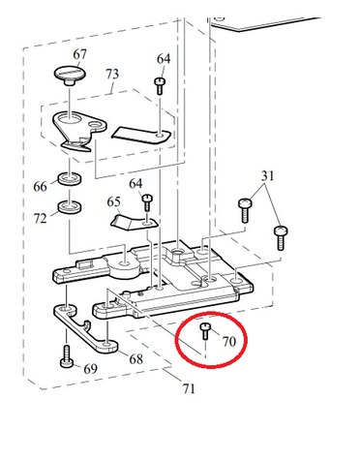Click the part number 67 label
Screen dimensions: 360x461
tap(79, 54)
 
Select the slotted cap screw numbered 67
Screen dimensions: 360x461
tap(70, 76)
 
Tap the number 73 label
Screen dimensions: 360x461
tap(112, 75)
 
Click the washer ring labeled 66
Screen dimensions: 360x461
tap(70, 179)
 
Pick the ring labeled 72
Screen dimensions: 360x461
tap(70, 207)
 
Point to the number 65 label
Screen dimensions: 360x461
tap(113, 202)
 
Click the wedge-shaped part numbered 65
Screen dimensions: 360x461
tap(133, 223)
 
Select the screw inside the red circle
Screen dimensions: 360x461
tap(205, 331)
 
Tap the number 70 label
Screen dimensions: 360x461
tap(229, 342)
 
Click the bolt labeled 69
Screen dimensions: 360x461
tap(67, 356)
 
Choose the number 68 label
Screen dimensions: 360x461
tap(135, 359)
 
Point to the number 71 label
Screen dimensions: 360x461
tap(189, 388)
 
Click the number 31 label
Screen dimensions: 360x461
tap(268, 176)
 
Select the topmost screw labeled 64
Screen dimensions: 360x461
tap(161, 85)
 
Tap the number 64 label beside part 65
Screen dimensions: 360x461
tap(135, 184)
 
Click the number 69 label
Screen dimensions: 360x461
tap(91, 369)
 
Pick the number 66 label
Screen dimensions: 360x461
tap(40, 187)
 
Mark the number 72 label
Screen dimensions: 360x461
tap(41, 219)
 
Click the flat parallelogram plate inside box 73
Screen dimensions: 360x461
tap(141, 135)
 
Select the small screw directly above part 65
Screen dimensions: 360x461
tap(147, 202)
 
